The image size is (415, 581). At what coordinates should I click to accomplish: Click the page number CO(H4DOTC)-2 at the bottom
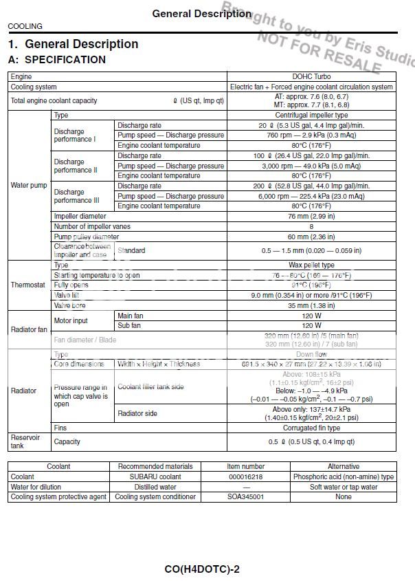pyautogui.click(x=202, y=569)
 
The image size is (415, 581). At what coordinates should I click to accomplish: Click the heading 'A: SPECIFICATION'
pyautogui.click(x=57, y=60)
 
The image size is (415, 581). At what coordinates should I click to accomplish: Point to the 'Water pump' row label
pyautogui.click(x=29, y=186)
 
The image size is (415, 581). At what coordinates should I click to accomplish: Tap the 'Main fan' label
pyautogui.click(x=131, y=316)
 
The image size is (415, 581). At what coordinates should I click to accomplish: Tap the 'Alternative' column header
pyautogui.click(x=344, y=466)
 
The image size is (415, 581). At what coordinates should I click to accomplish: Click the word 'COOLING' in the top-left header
pyautogui.click(x=25, y=26)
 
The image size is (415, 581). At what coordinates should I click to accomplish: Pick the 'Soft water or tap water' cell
pyautogui.click(x=344, y=487)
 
